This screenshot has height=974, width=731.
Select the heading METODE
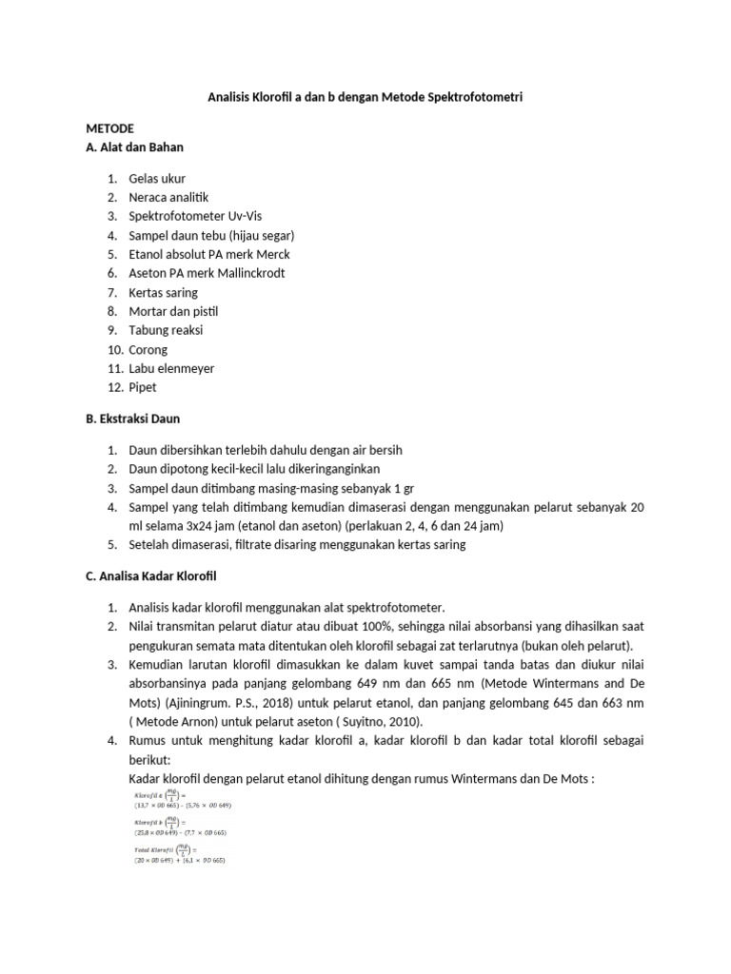110,128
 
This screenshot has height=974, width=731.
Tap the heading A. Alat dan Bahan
134,147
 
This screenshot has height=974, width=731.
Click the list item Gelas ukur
157,178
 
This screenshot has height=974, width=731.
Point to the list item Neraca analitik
168,197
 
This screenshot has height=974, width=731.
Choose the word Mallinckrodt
239,273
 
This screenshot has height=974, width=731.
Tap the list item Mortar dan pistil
173,311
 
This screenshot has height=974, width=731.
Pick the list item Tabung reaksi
166,330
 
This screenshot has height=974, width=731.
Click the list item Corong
148,349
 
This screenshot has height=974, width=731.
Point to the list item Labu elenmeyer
171,368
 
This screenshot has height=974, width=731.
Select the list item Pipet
143,387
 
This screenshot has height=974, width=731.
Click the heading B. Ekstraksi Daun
133,419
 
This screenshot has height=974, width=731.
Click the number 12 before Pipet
111,387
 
